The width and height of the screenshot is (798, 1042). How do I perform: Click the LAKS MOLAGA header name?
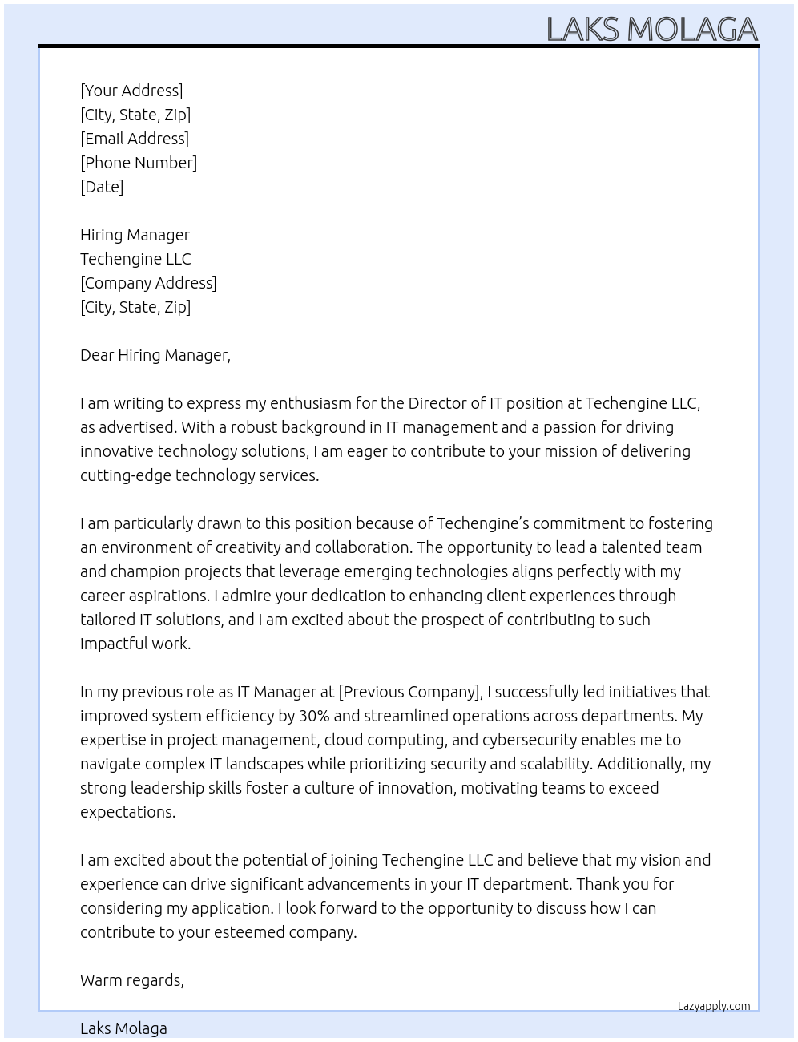(651, 30)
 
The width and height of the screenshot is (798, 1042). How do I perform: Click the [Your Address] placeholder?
(131, 91)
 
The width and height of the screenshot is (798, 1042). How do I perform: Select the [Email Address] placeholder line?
(135, 139)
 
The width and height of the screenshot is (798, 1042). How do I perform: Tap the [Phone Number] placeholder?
(139, 163)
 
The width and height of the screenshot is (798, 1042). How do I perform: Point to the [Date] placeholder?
(102, 187)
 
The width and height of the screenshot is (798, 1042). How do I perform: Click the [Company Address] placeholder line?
(148, 283)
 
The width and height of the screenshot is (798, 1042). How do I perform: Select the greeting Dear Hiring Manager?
(155, 355)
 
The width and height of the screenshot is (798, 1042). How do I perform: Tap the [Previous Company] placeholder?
(410, 692)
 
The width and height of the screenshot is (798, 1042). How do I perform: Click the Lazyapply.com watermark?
(714, 1006)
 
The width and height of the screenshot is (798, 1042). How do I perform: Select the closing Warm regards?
(132, 980)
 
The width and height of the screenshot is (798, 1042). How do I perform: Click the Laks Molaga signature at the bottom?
(123, 1028)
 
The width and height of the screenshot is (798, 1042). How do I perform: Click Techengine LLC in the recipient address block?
(135, 259)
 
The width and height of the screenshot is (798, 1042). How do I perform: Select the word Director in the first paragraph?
(437, 403)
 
